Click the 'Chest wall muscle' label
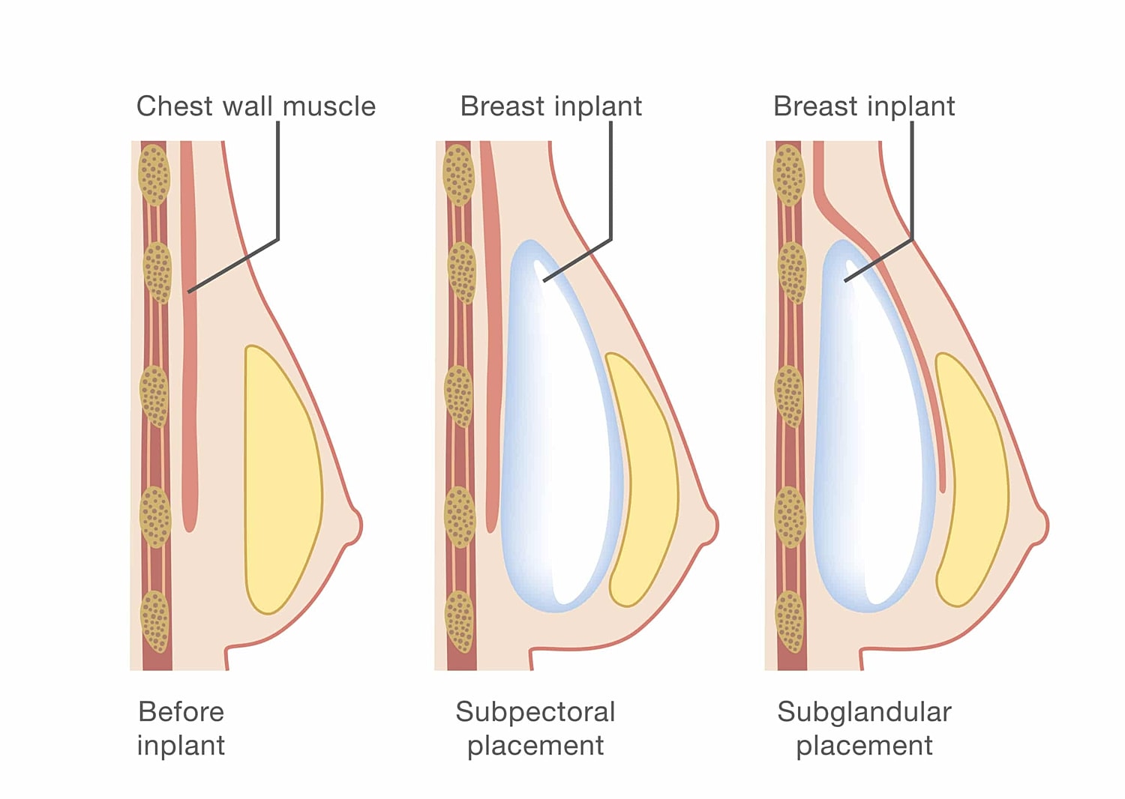point(256,106)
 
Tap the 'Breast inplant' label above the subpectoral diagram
point(550,106)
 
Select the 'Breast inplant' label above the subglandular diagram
point(864,106)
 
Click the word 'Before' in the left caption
point(181,711)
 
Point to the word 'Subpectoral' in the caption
point(535,711)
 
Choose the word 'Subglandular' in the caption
point(864,711)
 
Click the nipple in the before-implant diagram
point(352,525)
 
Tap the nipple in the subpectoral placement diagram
point(709,525)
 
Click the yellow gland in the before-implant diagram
point(281,480)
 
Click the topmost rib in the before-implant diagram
point(154,175)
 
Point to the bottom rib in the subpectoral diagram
point(460,621)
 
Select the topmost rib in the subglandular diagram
point(788,175)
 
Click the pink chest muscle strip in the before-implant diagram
point(189,337)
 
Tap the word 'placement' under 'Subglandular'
point(864,746)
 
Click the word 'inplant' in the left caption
point(181,746)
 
